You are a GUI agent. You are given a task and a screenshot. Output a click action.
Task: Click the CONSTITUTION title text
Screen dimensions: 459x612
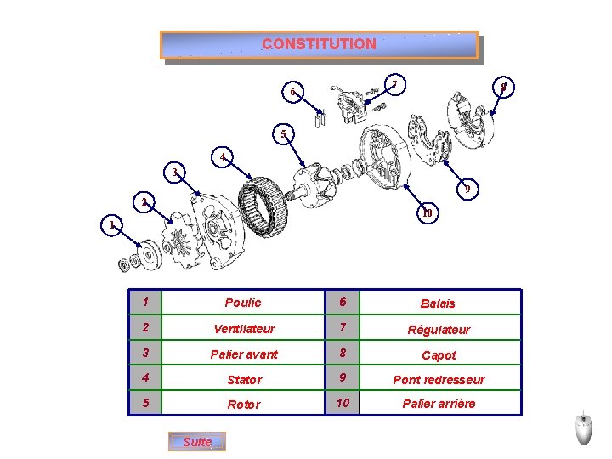tap(319, 44)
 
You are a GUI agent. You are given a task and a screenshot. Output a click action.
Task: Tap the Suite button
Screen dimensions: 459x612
tap(197, 442)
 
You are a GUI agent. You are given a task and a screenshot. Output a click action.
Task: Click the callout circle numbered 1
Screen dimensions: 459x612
tap(110, 225)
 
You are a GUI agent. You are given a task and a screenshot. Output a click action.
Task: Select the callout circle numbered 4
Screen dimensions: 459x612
tap(222, 157)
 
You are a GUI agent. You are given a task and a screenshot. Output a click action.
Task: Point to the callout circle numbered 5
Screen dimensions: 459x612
tap(284, 133)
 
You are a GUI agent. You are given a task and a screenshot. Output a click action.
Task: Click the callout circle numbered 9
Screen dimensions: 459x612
tap(467, 189)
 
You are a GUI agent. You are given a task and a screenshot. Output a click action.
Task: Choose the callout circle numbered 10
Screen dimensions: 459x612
tap(428, 212)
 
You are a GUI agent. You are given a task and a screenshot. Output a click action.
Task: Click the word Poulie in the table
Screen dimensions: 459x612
tap(243, 303)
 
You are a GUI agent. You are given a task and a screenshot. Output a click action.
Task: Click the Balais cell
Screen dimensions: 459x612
tap(438, 303)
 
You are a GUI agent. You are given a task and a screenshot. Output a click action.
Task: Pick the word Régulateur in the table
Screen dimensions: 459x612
tap(438, 329)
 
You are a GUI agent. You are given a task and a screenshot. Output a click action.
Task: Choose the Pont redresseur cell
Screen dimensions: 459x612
tap(438, 379)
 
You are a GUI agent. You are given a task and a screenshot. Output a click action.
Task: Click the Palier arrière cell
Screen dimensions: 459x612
tap(438, 403)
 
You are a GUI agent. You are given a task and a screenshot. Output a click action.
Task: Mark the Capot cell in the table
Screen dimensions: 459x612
tap(438, 355)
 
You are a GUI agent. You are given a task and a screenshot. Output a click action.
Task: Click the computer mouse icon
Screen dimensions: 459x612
tap(583, 428)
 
